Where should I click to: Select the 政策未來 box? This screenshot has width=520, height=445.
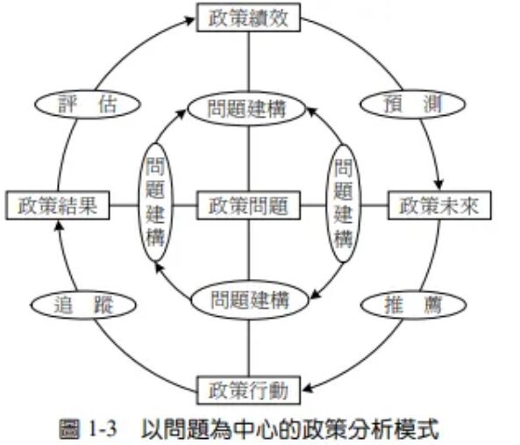pos(438,205)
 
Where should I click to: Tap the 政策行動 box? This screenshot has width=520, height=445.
pos(249,388)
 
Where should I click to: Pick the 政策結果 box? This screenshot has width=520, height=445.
pos(56,205)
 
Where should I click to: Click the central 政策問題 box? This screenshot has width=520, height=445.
pos(248,205)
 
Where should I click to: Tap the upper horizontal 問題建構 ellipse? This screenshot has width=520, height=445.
pos(248,109)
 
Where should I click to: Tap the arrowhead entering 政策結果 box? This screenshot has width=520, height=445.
pos(58,225)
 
